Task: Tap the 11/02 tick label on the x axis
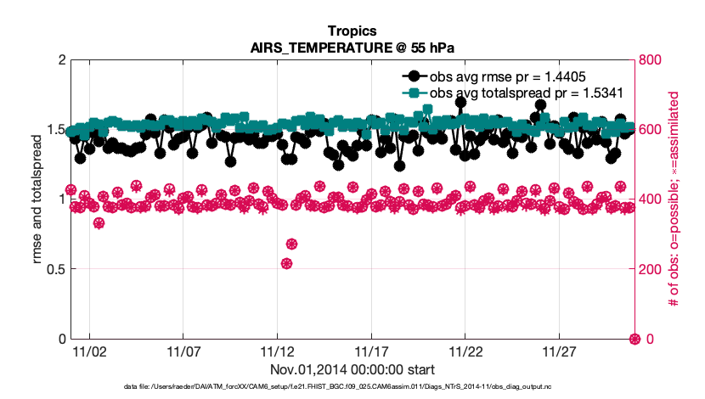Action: tap(89, 351)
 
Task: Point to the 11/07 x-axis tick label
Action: tap(183, 351)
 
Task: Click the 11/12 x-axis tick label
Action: tap(277, 351)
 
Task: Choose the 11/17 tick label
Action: tap(371, 351)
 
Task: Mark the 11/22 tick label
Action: tap(465, 351)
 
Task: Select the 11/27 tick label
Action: tap(560, 351)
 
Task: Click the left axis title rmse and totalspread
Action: tap(37, 199)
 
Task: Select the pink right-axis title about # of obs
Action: tap(674, 199)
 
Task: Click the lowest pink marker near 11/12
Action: tap(286, 263)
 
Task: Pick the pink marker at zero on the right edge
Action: tap(634, 339)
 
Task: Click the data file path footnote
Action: tap(352, 388)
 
